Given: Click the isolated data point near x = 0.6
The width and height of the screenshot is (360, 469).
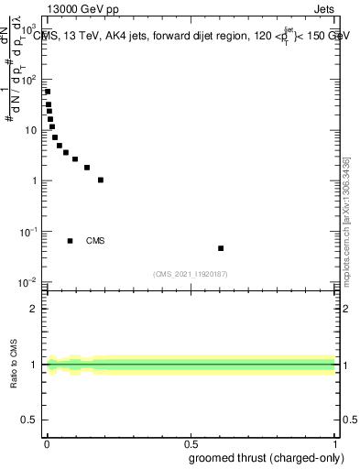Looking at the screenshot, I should (221, 248).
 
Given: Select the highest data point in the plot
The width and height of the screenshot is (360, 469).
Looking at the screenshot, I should (48, 92).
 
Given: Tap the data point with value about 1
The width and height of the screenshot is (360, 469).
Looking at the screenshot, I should (101, 180).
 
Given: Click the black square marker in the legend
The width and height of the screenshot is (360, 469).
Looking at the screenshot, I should (71, 241).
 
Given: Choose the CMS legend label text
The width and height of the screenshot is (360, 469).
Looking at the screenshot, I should (95, 241).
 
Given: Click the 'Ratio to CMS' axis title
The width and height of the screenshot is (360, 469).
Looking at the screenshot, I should (14, 365).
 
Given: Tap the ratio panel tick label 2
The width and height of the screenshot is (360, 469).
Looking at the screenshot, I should (34, 309).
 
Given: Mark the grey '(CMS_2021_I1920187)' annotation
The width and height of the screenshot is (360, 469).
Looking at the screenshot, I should (191, 273).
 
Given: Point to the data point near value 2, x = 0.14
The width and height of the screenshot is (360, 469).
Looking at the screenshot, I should (87, 168).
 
